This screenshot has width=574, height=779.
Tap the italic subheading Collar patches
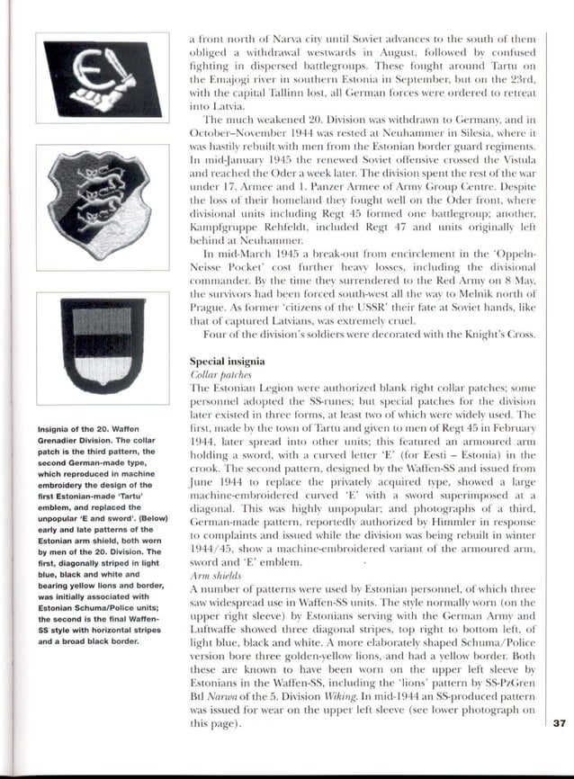pyautogui.click(x=218, y=374)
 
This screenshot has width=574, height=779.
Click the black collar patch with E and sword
pyautogui.click(x=103, y=77)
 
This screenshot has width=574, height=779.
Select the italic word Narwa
pyautogui.click(x=226, y=695)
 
